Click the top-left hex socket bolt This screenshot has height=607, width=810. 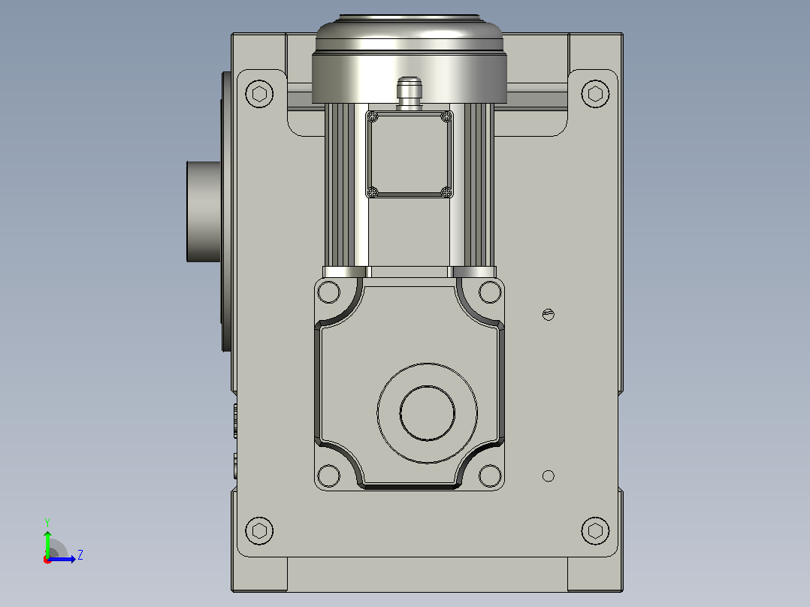[259, 94]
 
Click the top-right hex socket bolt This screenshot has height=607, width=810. [595, 94]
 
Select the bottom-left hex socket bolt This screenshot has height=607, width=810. [259, 530]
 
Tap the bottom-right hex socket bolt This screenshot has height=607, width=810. [595, 530]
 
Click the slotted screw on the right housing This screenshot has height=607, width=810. [549, 314]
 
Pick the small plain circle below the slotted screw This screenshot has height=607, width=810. [549, 476]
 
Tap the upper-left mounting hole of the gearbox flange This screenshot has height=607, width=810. [328, 292]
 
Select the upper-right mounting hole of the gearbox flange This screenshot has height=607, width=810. [490, 292]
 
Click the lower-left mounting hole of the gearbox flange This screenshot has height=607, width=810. [328, 476]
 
